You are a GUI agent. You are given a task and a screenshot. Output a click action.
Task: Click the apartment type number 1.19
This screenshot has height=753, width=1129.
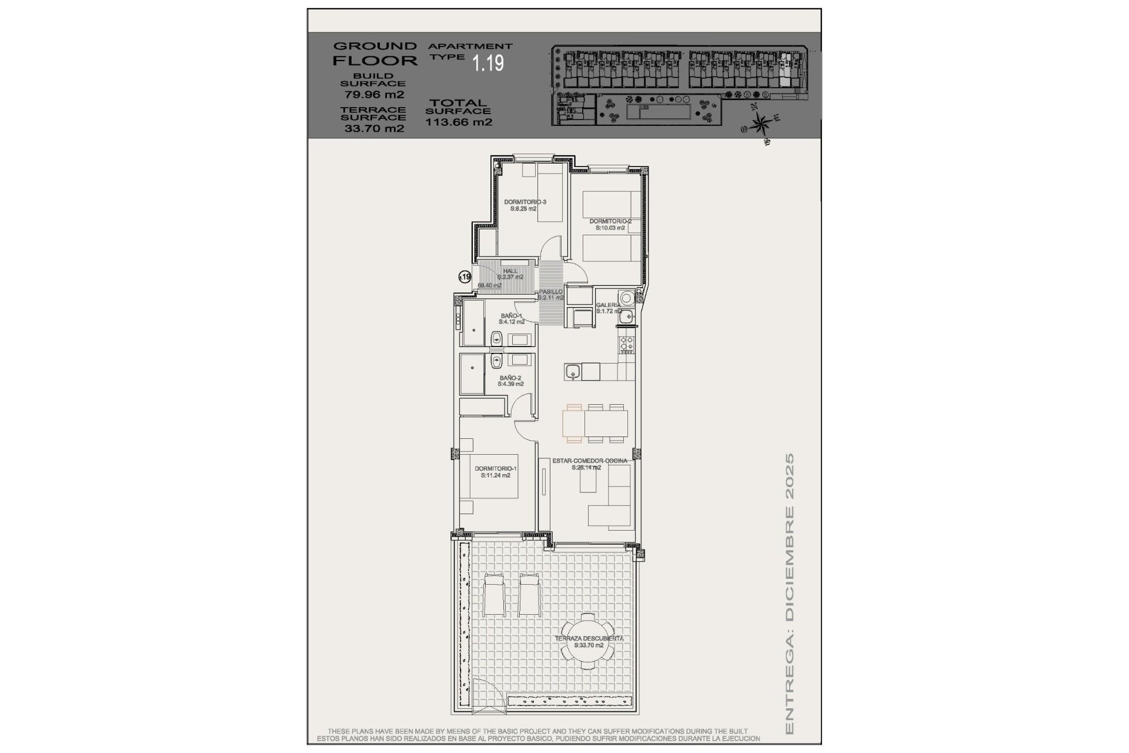tap(489, 63)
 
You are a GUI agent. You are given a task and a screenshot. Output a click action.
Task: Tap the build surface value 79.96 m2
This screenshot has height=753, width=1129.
tap(374, 94)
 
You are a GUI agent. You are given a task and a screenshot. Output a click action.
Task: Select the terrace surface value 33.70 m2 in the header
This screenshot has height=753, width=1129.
tap(374, 128)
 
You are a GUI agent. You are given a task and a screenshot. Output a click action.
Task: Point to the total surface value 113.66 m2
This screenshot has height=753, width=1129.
tap(459, 122)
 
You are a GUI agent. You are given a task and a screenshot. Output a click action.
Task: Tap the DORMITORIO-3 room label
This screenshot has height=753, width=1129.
tap(525, 202)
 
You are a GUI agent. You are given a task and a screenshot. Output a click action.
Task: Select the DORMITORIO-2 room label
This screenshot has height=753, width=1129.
tap(610, 222)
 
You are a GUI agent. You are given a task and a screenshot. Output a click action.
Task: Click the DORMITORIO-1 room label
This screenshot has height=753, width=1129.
tap(495, 469)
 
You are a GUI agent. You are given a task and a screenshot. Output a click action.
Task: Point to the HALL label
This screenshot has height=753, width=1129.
tap(510, 271)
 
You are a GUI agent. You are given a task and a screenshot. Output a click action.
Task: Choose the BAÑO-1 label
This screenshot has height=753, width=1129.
tap(511, 316)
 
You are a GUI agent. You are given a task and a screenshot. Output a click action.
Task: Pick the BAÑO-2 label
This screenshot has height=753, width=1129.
tap(510, 378)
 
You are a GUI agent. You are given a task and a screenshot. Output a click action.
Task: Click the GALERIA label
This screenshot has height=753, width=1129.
tap(608, 305)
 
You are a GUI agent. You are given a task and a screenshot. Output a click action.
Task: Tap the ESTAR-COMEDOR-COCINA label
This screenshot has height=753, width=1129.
tap(589, 461)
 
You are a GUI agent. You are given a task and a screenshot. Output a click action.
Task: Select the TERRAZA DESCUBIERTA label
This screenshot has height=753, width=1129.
tap(589, 638)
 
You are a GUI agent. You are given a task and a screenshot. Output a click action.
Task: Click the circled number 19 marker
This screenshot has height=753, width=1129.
tap(465, 276)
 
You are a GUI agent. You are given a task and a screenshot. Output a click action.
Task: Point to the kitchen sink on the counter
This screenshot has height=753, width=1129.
tap(572, 372)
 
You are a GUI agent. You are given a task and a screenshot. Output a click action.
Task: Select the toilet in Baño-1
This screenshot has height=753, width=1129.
tap(496, 339)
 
